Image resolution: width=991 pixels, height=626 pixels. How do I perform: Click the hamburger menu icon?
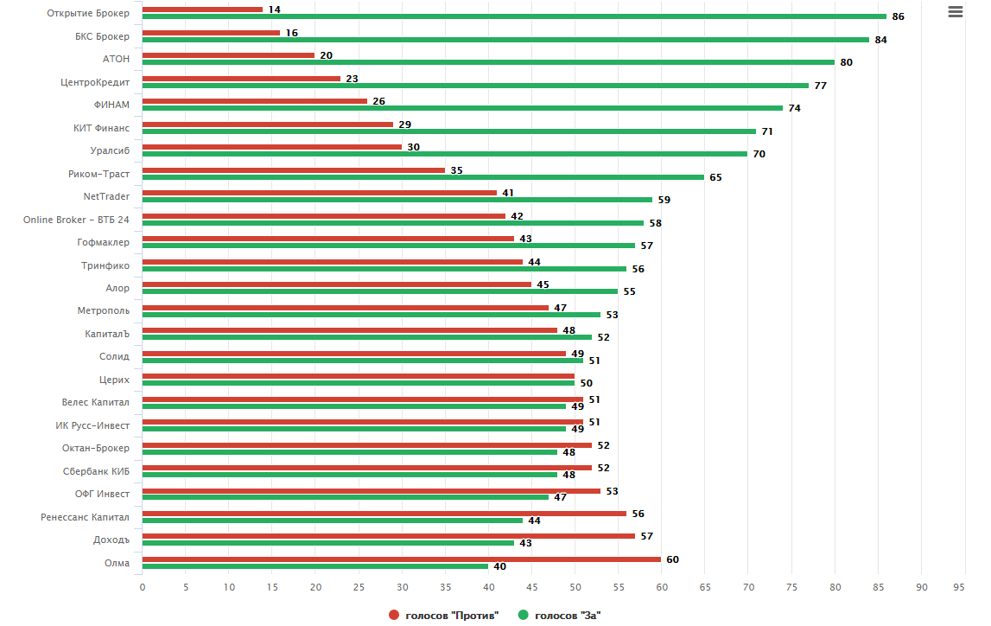coord(955,12)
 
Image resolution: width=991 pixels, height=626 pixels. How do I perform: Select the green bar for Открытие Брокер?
coord(514,16)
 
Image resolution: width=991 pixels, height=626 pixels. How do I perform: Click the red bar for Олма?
coord(401,559)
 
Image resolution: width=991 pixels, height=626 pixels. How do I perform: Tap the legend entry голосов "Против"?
coord(446,615)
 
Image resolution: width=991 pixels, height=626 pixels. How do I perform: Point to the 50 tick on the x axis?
coord(575,587)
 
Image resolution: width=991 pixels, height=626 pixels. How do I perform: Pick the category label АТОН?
coord(116,59)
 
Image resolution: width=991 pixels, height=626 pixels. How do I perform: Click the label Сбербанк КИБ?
coord(96,471)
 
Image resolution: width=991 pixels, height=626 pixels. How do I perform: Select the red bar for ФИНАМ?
coord(255,101)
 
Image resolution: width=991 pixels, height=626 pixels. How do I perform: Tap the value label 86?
coord(898,17)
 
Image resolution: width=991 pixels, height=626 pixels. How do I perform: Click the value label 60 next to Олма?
coord(672,559)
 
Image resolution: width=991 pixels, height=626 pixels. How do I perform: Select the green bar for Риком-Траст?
coord(423,176)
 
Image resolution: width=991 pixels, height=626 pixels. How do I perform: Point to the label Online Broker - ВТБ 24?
coord(76,220)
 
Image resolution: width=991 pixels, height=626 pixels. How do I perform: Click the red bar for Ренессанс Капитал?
coord(384,513)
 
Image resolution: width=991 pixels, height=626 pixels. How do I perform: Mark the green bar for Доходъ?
coord(328,543)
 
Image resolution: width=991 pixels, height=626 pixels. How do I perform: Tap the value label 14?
coord(275,10)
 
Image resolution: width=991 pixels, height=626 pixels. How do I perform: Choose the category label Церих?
coord(114,380)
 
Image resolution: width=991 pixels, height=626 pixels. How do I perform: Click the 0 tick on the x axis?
coord(143,587)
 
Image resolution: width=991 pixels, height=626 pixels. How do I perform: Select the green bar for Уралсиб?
coord(445,154)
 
